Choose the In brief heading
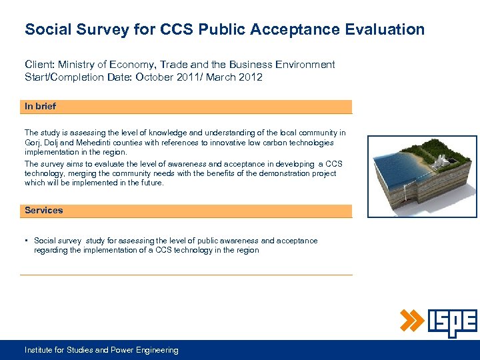(41, 107)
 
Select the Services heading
(44, 211)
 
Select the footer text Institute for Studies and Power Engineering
(101, 350)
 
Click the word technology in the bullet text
(194, 251)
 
